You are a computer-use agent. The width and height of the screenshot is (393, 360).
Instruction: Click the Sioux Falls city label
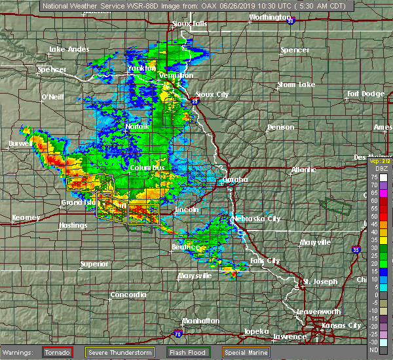pyautogui.click(x=190, y=24)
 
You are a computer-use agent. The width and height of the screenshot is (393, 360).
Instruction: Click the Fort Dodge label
pyautogui.click(x=365, y=94)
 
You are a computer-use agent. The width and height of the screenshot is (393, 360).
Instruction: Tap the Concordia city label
pyautogui.click(x=128, y=295)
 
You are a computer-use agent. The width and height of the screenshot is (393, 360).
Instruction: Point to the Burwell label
pyautogui.click(x=20, y=143)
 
